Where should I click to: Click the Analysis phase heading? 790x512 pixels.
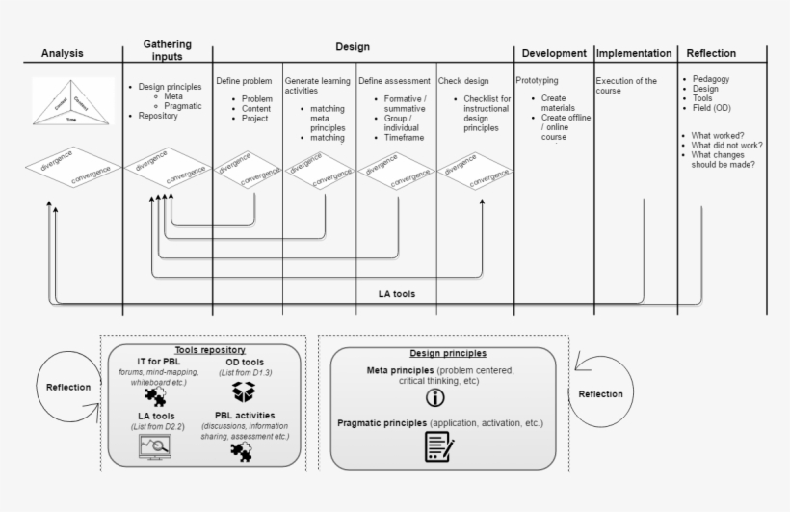62,54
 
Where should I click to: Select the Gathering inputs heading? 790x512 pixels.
167,50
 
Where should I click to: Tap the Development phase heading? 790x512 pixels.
554,54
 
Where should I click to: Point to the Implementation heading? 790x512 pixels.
633,54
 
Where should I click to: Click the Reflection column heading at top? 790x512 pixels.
712,54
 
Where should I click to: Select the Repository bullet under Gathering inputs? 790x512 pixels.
160,117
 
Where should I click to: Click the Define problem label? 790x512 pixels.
244,81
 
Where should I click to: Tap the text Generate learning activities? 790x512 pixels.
319,87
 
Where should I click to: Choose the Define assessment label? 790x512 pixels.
395,81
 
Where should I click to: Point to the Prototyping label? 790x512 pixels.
537,81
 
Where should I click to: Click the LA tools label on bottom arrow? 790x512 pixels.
398,292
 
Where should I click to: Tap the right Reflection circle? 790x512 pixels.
600,393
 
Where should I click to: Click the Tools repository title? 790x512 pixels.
210,349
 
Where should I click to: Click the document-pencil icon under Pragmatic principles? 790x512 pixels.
438,446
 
